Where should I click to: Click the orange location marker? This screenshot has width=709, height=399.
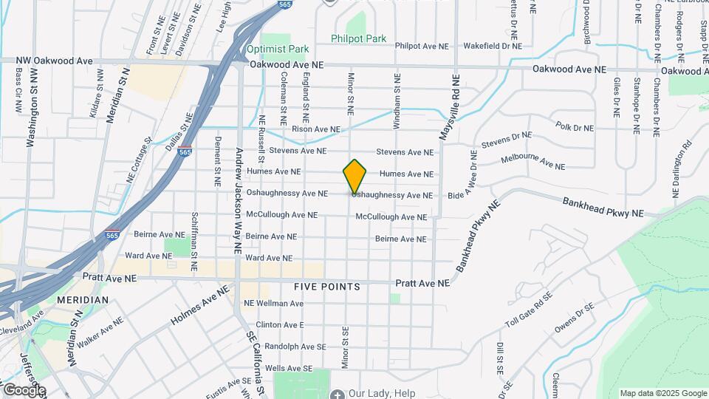click(355, 177)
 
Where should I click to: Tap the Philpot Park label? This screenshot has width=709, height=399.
click(359, 38)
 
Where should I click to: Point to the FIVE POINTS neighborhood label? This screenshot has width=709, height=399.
click(326, 286)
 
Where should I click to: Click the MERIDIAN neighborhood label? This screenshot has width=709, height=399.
click(82, 300)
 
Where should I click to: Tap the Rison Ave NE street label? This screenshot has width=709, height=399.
click(316, 129)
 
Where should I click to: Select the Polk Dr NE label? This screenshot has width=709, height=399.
click(575, 127)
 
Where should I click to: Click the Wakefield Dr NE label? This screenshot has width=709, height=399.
click(493, 46)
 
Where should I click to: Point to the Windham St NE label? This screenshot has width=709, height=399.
click(397, 102)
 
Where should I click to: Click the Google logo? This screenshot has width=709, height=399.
click(24, 389)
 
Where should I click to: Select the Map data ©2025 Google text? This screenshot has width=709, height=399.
click(662, 393)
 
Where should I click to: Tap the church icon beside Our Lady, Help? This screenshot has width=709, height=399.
click(338, 394)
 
